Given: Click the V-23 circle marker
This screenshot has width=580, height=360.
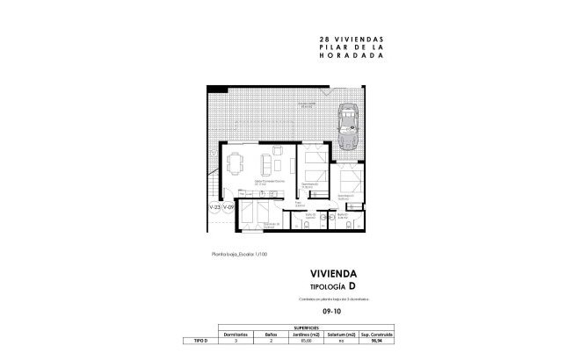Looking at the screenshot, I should [x=214, y=207].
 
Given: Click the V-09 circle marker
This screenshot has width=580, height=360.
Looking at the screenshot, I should [x=228, y=207].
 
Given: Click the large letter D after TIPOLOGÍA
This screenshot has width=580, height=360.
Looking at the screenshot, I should [x=352, y=286].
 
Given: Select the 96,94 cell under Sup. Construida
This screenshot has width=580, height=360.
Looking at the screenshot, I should [x=410, y=341].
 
